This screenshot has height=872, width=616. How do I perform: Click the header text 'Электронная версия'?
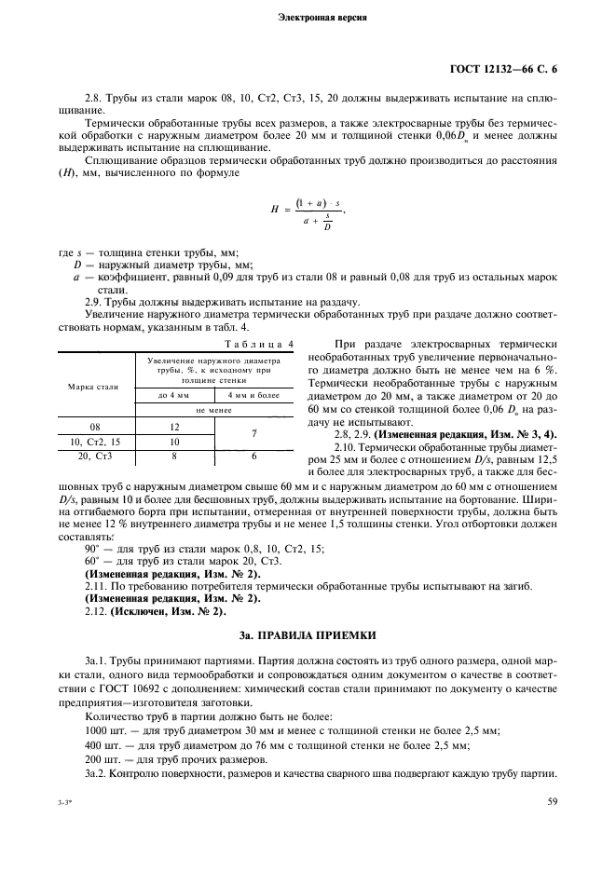(x=308, y=18)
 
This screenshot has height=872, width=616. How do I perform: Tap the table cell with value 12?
(x=173, y=427)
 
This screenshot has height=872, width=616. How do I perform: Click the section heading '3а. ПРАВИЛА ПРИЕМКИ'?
(x=308, y=635)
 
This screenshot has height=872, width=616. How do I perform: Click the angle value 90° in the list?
(x=91, y=550)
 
